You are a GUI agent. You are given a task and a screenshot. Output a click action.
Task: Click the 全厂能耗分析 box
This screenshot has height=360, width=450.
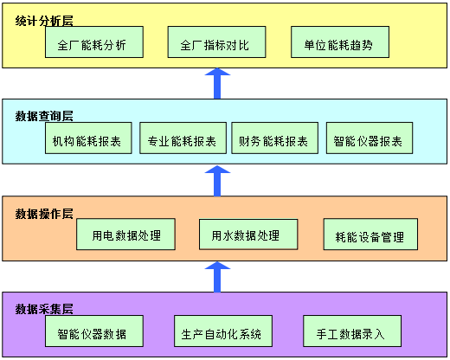pos(94,42)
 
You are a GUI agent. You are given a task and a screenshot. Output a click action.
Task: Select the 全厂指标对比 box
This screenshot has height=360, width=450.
pos(216,42)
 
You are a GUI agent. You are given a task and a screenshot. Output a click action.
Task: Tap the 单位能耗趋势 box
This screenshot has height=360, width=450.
pos(340,42)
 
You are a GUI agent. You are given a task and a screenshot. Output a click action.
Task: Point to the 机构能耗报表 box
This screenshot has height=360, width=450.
pos(88,138)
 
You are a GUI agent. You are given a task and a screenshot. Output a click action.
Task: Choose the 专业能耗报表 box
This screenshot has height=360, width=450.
pos(183,138)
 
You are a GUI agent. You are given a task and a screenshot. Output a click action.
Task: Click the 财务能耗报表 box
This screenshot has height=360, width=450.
pos(274,138)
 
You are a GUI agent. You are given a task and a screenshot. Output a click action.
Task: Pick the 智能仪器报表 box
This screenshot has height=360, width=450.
pos(370,138)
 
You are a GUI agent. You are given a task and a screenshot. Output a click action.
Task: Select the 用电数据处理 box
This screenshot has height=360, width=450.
pos(125,235)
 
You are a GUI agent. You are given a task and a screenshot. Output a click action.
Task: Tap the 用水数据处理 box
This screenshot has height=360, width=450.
pos(248,235)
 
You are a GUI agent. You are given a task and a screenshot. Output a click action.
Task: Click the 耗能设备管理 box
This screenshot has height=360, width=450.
pos(370,235)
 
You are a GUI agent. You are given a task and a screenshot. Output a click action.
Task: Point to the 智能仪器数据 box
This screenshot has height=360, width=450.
pos(94,331)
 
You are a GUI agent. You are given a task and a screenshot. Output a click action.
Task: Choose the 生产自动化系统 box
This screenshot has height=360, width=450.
pos(223,331)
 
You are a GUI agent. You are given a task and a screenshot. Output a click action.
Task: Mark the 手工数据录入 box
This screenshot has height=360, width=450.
pos(352,331)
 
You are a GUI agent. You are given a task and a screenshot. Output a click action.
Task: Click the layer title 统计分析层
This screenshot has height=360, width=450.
pos(44,21)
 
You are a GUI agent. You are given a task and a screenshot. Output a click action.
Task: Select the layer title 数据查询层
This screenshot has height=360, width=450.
pos(44,116)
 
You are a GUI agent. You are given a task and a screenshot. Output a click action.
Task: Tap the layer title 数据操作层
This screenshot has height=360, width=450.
pos(44,214)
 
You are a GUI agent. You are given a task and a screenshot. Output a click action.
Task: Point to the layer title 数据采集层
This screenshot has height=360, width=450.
pos(44,309)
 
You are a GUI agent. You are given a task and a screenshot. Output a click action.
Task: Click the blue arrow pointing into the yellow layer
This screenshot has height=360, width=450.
pos(217,84)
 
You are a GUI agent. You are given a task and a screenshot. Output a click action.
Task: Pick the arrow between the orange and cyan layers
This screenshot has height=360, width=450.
pos(217,181)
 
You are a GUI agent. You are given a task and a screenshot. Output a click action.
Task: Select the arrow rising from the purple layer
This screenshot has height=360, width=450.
pos(217,277)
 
